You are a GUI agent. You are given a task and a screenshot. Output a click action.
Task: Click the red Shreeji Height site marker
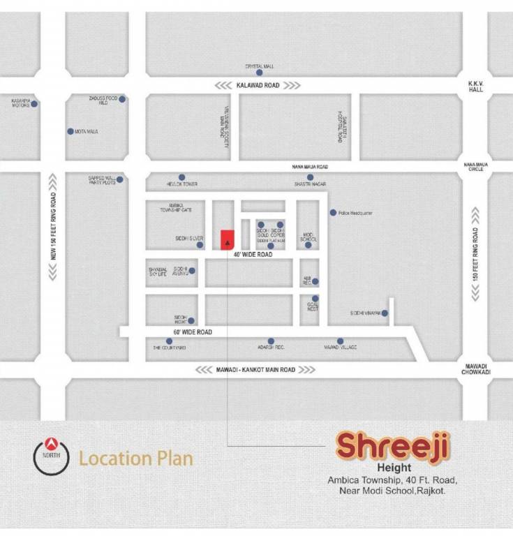[227, 239]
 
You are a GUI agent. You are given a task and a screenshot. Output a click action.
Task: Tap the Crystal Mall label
[258, 66]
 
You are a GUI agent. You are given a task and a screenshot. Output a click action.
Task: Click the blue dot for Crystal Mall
[259, 73]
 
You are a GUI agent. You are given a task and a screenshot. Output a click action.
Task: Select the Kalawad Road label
[258, 85]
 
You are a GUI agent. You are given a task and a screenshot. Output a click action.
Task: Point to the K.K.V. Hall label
[476, 86]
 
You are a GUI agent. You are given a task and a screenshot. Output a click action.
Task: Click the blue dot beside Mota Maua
[70, 131]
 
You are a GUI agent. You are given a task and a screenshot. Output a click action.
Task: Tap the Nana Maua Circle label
[475, 167]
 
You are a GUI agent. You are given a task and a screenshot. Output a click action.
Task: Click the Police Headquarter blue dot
[333, 212]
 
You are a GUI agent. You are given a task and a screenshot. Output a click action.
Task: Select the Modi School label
[308, 237]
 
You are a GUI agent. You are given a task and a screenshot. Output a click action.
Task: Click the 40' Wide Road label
[253, 255]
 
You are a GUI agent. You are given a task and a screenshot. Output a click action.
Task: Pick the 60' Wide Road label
[193, 332]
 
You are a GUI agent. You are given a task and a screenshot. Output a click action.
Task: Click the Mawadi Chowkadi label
[476, 369]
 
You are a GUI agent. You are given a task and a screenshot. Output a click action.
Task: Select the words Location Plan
[135, 459]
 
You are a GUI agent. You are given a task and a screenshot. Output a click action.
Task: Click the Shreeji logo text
[394, 445]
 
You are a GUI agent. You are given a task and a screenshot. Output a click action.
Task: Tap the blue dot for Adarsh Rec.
[271, 341]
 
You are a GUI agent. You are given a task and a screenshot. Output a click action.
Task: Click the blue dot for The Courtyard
[169, 341]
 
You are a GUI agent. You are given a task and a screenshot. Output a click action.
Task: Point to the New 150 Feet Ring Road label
[53, 226]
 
